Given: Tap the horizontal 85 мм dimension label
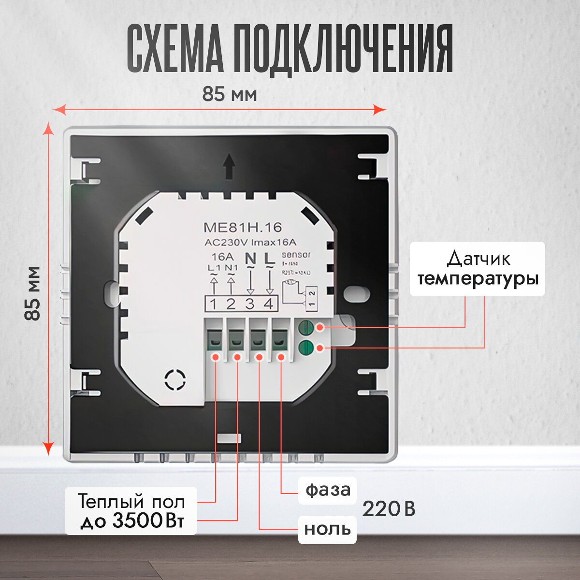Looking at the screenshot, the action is [229, 94].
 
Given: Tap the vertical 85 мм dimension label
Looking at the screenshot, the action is [33, 293].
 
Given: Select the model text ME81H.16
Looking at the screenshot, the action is [243, 228].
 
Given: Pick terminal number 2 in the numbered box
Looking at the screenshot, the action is [231, 304].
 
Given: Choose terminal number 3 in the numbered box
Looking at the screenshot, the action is [250, 304].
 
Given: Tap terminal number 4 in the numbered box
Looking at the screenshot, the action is [268, 304].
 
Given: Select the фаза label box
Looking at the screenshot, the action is [327, 490].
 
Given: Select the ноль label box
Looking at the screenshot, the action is [327, 529].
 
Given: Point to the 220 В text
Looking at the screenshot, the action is [389, 509].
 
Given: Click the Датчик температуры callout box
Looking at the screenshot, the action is [478, 269].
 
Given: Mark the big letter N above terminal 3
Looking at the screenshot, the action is [251, 259].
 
